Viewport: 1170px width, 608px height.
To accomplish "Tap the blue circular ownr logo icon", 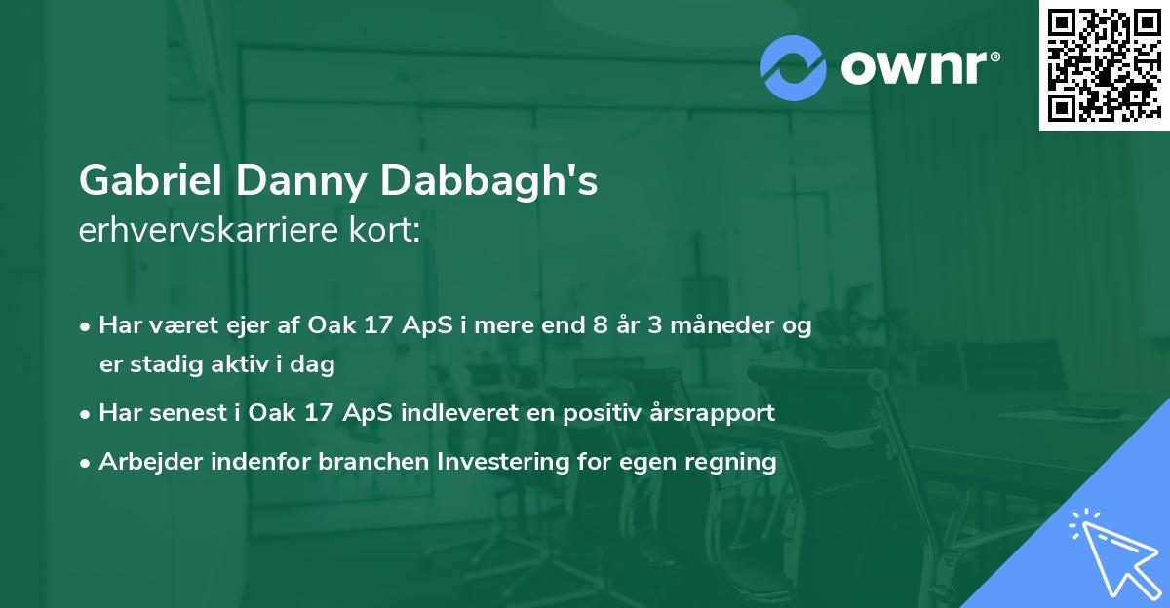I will click(x=793, y=68).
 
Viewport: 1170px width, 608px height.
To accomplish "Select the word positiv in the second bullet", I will click(x=600, y=413).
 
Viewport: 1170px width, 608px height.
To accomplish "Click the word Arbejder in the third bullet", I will click(x=142, y=462).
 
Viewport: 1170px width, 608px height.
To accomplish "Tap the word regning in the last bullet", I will click(x=737, y=462).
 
